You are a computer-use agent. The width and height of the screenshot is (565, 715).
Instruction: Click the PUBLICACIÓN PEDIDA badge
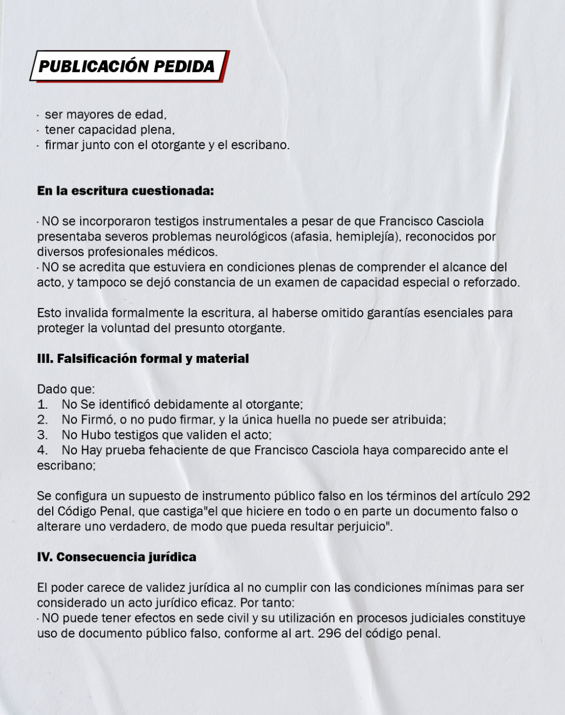[x=127, y=67]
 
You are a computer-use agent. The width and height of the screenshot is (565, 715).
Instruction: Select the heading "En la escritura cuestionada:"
[x=125, y=191]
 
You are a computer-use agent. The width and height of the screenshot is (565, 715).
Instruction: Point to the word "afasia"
[x=310, y=237]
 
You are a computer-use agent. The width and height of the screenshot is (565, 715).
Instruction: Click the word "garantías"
[x=394, y=313]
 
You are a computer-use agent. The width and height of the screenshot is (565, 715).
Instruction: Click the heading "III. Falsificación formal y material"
[x=143, y=359]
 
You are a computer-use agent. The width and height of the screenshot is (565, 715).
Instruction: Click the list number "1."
[x=42, y=404]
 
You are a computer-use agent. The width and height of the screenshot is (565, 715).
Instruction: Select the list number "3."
[x=42, y=435]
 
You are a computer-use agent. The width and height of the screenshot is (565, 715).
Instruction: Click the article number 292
[x=518, y=496]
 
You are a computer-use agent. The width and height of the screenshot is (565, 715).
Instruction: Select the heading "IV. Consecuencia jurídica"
[x=117, y=557]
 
